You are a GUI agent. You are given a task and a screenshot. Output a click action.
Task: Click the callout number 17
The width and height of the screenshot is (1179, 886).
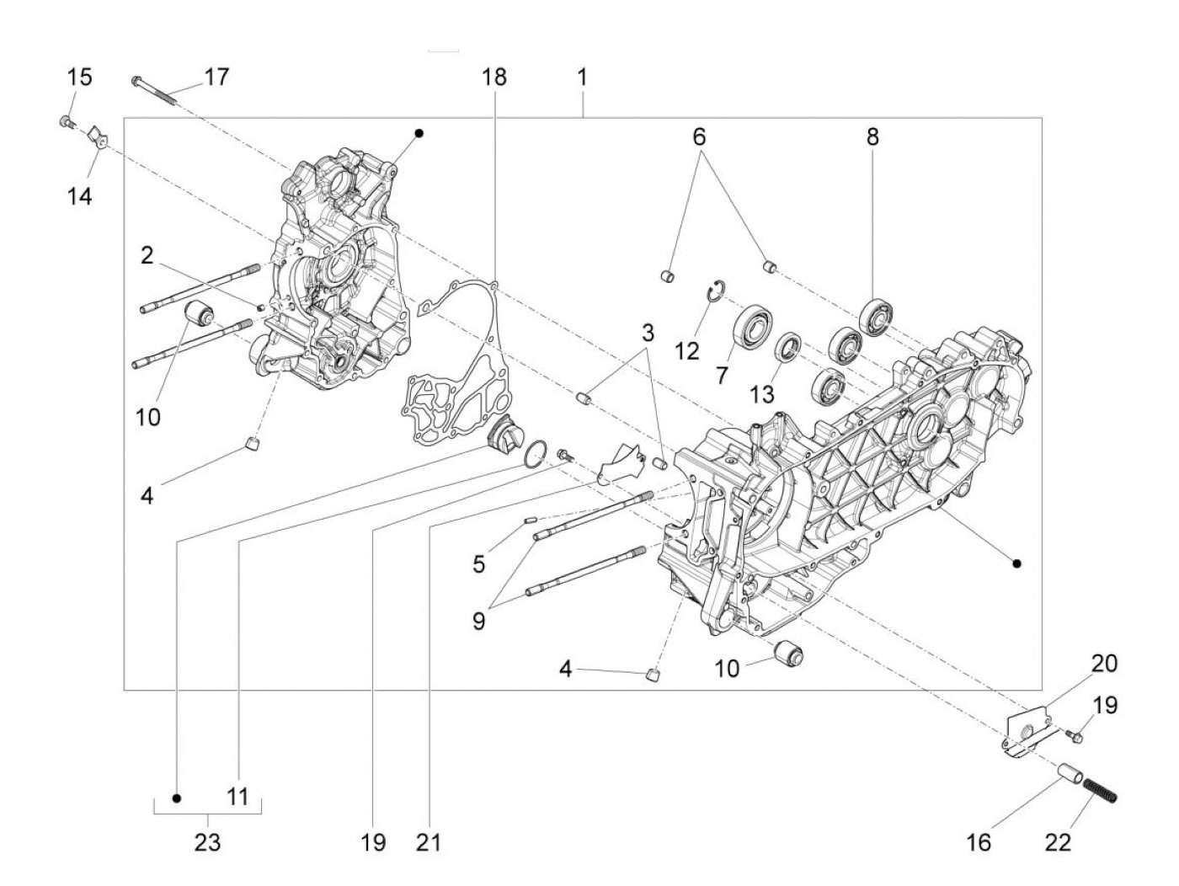pos(216,77)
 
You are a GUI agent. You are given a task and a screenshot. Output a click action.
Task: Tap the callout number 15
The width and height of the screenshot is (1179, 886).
pos(80,77)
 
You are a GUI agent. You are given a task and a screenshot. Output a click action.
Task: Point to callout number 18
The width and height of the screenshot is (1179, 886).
pos(494,77)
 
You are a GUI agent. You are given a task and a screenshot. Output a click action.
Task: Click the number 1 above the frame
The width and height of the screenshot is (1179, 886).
pos(582,77)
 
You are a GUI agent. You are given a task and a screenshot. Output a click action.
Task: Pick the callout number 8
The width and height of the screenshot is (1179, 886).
pos(872,136)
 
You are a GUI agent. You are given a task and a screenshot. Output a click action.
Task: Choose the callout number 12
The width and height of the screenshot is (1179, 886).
pos(687,350)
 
